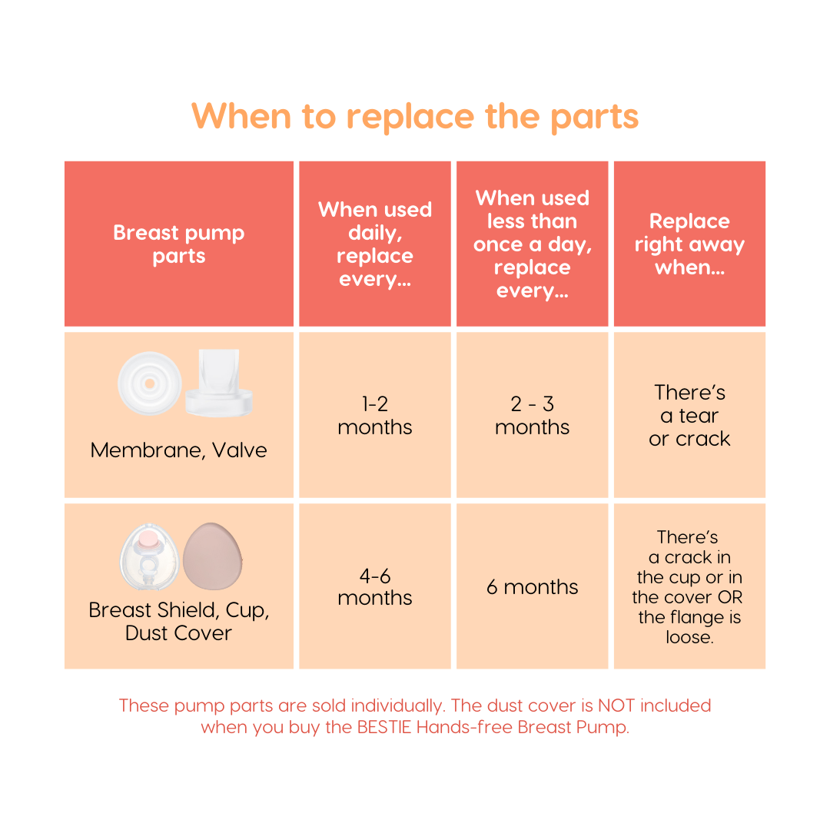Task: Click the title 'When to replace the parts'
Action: [x=415, y=116]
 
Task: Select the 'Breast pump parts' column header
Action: [x=179, y=244]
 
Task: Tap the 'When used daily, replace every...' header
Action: [x=375, y=244]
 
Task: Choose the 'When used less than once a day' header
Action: [x=532, y=244]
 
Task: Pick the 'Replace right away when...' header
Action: [x=689, y=244]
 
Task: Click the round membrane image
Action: [x=149, y=383]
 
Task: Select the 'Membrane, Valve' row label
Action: [x=179, y=450]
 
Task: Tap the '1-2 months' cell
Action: [x=375, y=415]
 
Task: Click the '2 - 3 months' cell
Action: [x=532, y=415]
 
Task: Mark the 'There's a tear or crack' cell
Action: [x=689, y=415]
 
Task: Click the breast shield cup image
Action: [x=149, y=556]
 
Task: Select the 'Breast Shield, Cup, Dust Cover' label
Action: [x=179, y=621]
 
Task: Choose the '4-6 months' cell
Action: [x=375, y=586]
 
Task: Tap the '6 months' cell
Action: [x=532, y=587]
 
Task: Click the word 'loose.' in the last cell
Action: [x=689, y=638]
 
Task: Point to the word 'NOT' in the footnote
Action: [x=616, y=705]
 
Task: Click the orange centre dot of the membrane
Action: [x=149, y=383]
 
